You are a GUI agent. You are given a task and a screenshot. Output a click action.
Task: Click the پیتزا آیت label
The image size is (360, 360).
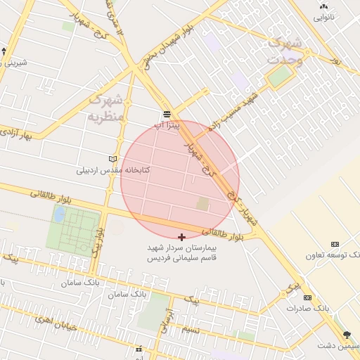tap(167, 124)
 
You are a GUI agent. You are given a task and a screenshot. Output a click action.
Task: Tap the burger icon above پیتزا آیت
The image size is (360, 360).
tap(167, 114)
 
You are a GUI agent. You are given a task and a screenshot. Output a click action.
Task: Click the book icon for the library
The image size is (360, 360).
tap(114, 159)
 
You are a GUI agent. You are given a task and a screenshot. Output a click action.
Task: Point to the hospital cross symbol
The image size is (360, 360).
tap(182, 238)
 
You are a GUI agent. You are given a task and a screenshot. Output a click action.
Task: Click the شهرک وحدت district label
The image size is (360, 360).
tap(285, 51)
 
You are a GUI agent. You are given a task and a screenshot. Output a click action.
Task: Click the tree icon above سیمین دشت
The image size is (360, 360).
tap(346, 335)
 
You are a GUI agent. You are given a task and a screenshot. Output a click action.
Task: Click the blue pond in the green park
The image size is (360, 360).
tap(60, 213)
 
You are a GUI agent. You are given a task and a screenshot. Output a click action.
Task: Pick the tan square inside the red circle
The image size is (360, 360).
tap(202, 204)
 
